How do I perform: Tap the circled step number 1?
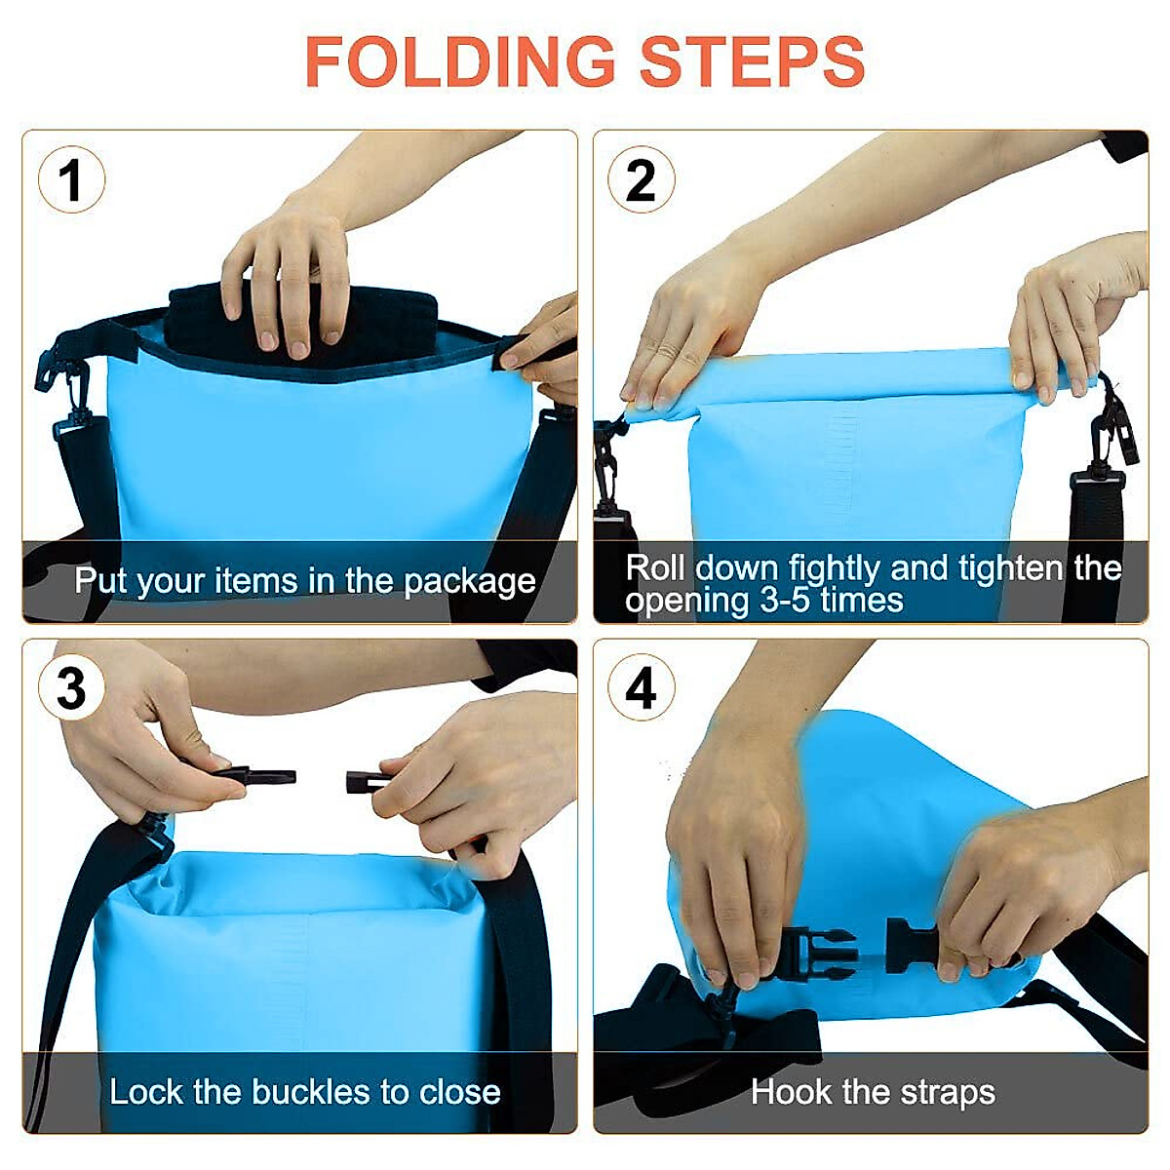point(71,180)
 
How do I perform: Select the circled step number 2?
point(641,180)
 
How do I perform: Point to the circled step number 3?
point(71,688)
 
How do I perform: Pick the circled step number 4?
point(641,688)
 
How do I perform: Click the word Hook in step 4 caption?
point(792,1092)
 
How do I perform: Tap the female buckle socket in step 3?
point(369,781)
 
